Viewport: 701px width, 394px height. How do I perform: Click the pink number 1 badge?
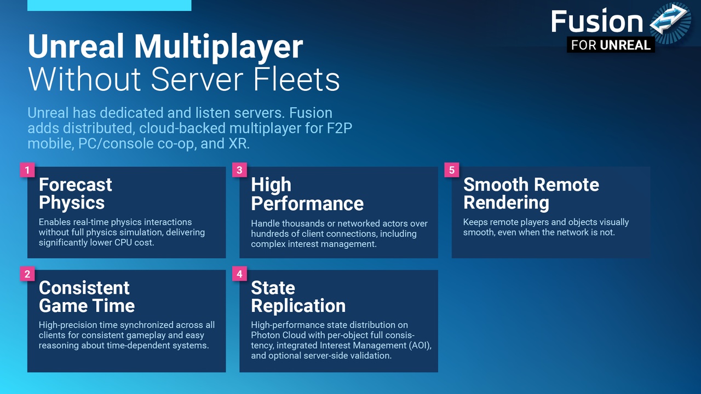tap(27, 170)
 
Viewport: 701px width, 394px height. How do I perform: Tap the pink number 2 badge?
tap(27, 274)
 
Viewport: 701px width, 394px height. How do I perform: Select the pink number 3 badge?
tap(239, 170)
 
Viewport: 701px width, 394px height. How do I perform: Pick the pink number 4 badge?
tap(239, 274)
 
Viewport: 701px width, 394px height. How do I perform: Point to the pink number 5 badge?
tap(452, 170)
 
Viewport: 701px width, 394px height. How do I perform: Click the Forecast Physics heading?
tap(76, 194)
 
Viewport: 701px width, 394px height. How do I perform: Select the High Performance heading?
tap(307, 194)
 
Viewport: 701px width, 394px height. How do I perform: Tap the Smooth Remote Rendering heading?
tap(531, 194)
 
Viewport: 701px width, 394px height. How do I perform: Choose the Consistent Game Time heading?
tap(87, 297)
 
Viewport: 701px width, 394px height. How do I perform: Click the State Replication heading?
tap(298, 297)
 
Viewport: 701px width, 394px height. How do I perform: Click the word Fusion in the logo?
tap(597, 21)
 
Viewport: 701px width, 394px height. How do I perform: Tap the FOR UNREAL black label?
tap(611, 45)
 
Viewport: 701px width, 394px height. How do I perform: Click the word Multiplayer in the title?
tap(219, 47)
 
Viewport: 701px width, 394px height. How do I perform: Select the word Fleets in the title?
tap(296, 79)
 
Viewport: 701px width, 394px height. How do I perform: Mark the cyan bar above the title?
tap(109, 5)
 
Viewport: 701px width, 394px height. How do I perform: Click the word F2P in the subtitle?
tap(340, 128)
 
